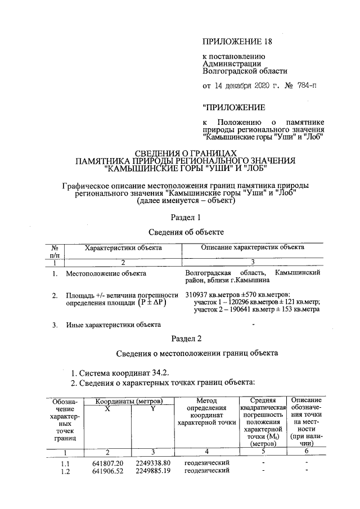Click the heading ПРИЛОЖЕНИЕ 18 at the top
[232, 42]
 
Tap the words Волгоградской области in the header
[245, 71]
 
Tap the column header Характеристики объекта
[123, 247]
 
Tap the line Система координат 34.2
[119, 372]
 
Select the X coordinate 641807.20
[107, 463]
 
